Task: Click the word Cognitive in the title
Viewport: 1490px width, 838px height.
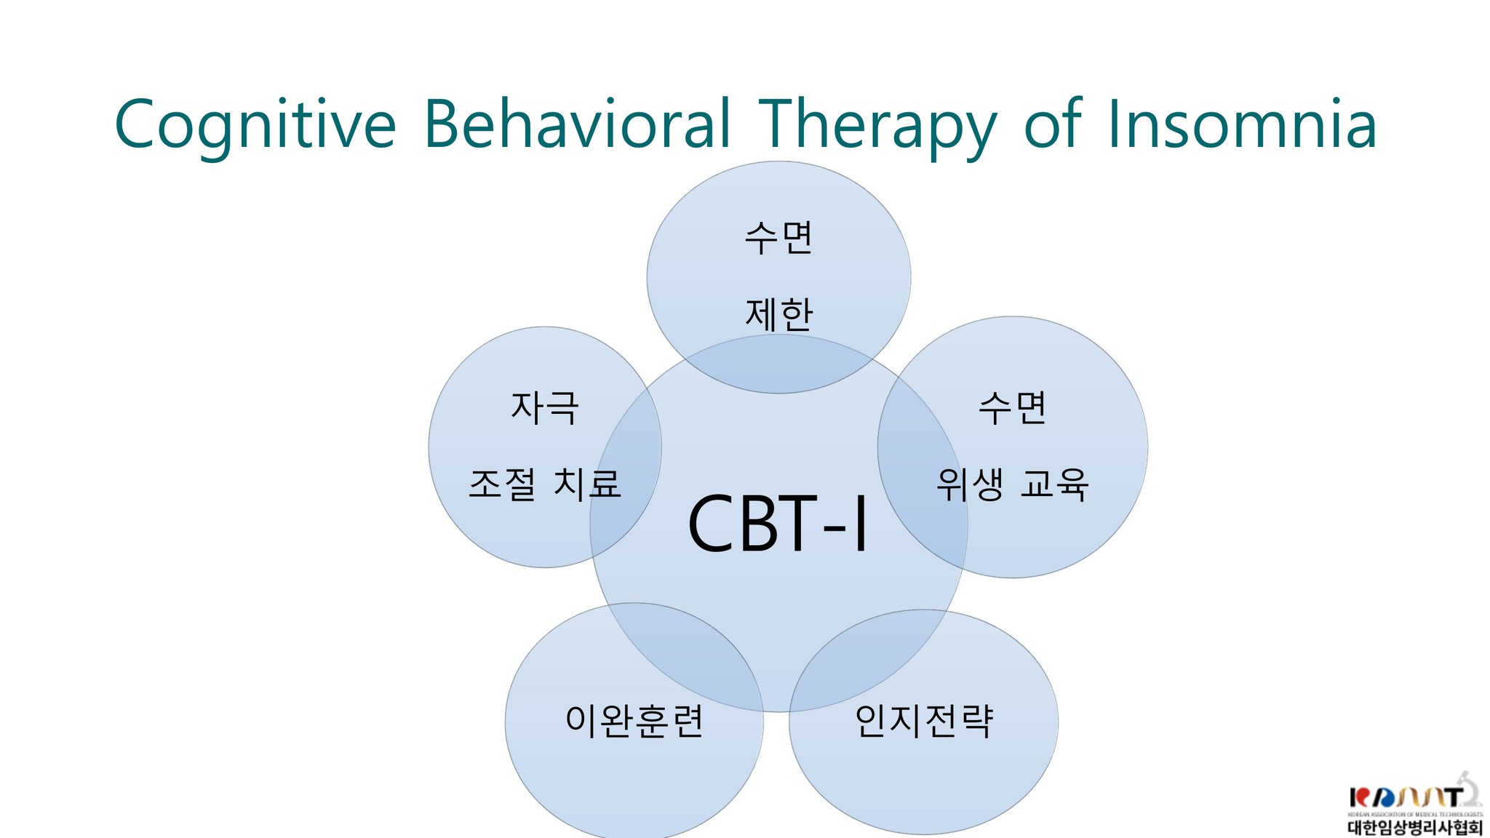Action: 255,125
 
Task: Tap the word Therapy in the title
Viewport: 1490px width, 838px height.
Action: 876,125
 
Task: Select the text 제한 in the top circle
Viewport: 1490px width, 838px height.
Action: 778,314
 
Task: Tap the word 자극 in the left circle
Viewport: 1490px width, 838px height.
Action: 545,407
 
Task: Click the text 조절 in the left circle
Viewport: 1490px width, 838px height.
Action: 502,484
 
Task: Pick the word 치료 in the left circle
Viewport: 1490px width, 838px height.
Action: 587,484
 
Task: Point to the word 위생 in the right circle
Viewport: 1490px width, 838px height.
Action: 970,485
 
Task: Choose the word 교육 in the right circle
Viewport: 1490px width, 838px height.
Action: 1054,485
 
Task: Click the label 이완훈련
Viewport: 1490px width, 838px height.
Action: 634,722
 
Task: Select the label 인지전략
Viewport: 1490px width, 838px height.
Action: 923,722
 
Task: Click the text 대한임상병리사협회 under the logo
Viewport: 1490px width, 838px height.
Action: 1414,828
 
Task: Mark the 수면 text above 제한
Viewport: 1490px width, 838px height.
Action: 778,238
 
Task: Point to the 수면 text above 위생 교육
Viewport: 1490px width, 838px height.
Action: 1012,408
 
